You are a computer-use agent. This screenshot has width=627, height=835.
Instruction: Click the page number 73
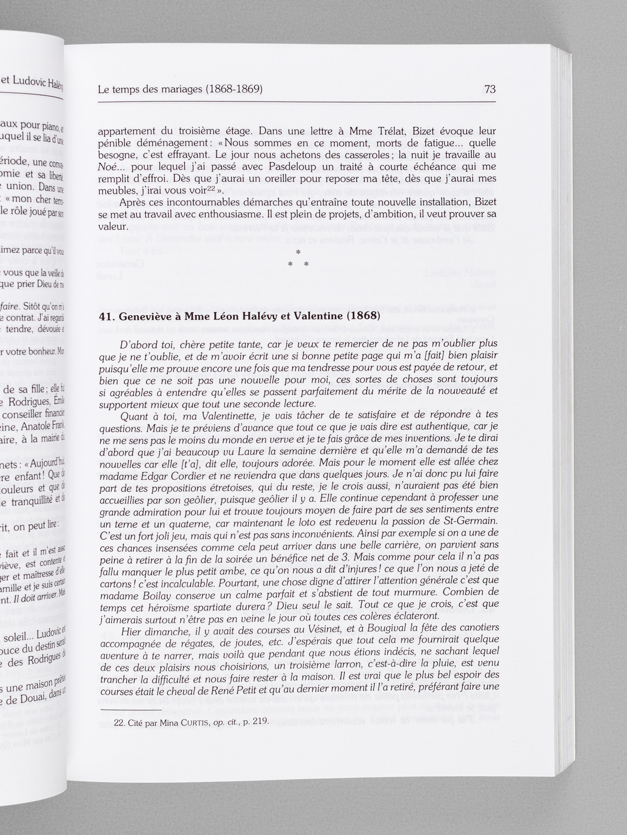coord(490,89)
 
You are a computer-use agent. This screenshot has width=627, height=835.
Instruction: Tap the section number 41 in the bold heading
coord(106,316)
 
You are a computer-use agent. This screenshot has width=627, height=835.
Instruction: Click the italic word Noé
coord(107,167)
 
